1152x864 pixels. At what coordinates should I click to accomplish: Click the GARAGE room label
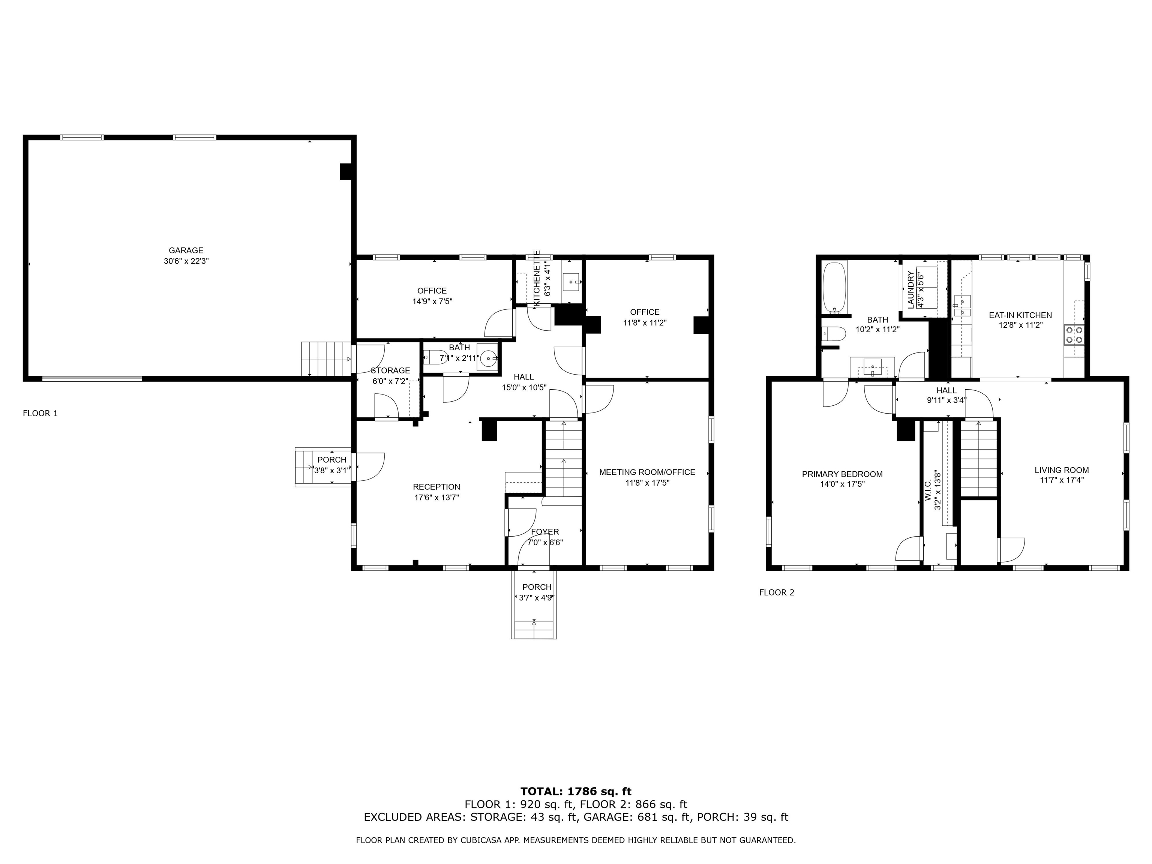click(x=186, y=250)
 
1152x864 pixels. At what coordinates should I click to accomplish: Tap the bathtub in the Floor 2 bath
click(x=834, y=287)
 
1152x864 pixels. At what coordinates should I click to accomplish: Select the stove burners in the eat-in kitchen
click(x=1074, y=334)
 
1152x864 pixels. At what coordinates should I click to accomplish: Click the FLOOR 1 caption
click(x=40, y=414)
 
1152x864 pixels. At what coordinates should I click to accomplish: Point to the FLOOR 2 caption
click(x=777, y=592)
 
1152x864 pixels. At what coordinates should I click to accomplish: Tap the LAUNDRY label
click(x=910, y=289)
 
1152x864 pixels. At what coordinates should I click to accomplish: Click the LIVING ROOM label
click(x=1061, y=470)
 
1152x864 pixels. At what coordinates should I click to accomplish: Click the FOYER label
click(x=545, y=532)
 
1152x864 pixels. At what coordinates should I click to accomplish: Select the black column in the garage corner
click(x=345, y=171)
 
